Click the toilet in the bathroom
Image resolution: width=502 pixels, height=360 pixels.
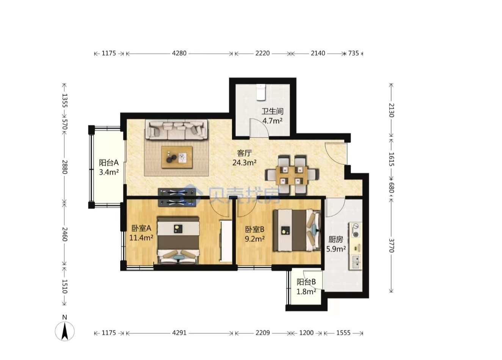(260, 92)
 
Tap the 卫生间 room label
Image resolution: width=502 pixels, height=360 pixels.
(272, 111)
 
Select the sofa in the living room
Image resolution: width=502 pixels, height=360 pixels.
(176, 130)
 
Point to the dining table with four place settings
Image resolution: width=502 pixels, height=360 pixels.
(292, 175)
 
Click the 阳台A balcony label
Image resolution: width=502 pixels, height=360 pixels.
(109, 163)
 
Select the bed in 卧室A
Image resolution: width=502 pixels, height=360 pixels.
(178, 240)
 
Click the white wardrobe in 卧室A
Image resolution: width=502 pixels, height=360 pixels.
(226, 241)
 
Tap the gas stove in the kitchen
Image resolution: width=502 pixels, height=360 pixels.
(355, 230)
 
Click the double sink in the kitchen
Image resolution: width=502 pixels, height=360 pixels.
(355, 262)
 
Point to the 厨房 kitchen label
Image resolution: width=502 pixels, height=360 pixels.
(336, 239)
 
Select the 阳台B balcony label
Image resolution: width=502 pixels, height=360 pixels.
(306, 282)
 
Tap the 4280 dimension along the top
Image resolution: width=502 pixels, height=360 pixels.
(179, 53)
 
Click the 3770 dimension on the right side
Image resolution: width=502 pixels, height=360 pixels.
(391, 246)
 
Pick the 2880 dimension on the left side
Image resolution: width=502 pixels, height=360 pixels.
(64, 167)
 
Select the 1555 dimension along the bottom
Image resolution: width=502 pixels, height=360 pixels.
(343, 333)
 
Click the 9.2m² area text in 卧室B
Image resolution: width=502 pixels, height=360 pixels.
(254, 239)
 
